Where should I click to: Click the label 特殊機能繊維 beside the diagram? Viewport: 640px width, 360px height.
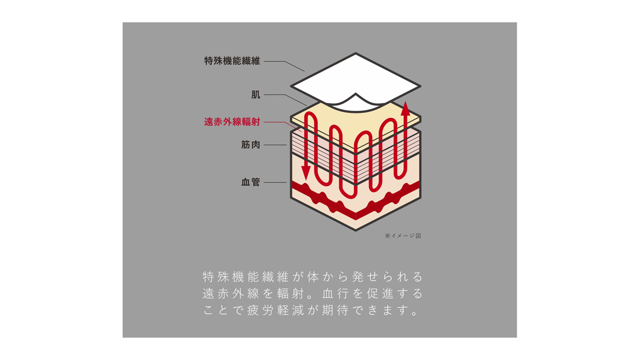(x=232, y=61)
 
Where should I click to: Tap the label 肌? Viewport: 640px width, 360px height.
(x=255, y=94)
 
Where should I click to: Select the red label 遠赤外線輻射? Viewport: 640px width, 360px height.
(x=232, y=122)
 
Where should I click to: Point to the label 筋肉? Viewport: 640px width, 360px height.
(x=251, y=145)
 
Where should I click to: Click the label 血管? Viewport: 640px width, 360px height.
(x=251, y=182)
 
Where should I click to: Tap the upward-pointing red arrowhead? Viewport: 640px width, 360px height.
(x=405, y=109)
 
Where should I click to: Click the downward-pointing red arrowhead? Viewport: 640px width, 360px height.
(x=306, y=173)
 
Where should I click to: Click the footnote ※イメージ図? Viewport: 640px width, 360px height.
(x=403, y=236)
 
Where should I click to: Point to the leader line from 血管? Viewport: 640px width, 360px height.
(x=275, y=182)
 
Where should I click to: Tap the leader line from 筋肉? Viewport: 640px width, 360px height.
(x=275, y=145)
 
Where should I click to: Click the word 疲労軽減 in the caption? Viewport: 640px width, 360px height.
(x=275, y=310)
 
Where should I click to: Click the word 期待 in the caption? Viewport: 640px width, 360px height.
(x=336, y=310)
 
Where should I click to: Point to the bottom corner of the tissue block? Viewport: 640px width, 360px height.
(x=355, y=230)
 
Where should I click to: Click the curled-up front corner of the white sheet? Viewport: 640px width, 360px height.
(x=355, y=94)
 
